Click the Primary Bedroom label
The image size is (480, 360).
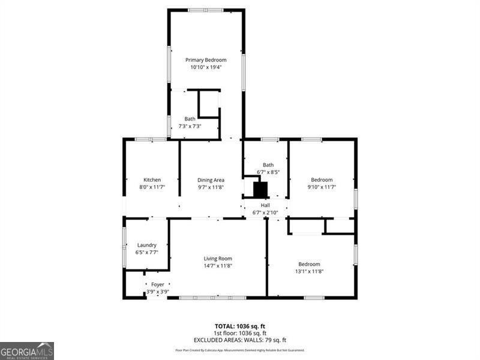point(206,60)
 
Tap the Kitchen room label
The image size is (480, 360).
point(152,180)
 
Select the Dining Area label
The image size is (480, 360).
point(211,180)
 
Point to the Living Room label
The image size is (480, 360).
point(217,259)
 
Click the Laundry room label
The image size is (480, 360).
point(146,245)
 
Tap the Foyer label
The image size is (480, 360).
point(157,284)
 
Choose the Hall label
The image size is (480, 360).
point(265,205)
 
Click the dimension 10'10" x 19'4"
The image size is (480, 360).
point(206,67)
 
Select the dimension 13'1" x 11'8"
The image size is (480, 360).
point(309,271)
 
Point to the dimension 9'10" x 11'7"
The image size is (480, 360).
point(321,187)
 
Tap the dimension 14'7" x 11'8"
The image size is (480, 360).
point(217,266)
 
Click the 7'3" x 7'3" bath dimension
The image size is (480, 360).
point(190,126)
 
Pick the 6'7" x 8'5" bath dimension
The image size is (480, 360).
point(268,172)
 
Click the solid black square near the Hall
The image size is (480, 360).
point(260,190)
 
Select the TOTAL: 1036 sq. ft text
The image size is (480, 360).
point(240,326)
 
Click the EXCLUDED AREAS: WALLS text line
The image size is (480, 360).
point(240,340)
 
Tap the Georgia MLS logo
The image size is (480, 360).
point(27,350)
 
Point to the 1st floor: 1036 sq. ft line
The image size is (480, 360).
point(240,333)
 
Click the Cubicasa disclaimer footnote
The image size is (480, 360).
point(240,350)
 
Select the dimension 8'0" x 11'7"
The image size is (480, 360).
point(152,187)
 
